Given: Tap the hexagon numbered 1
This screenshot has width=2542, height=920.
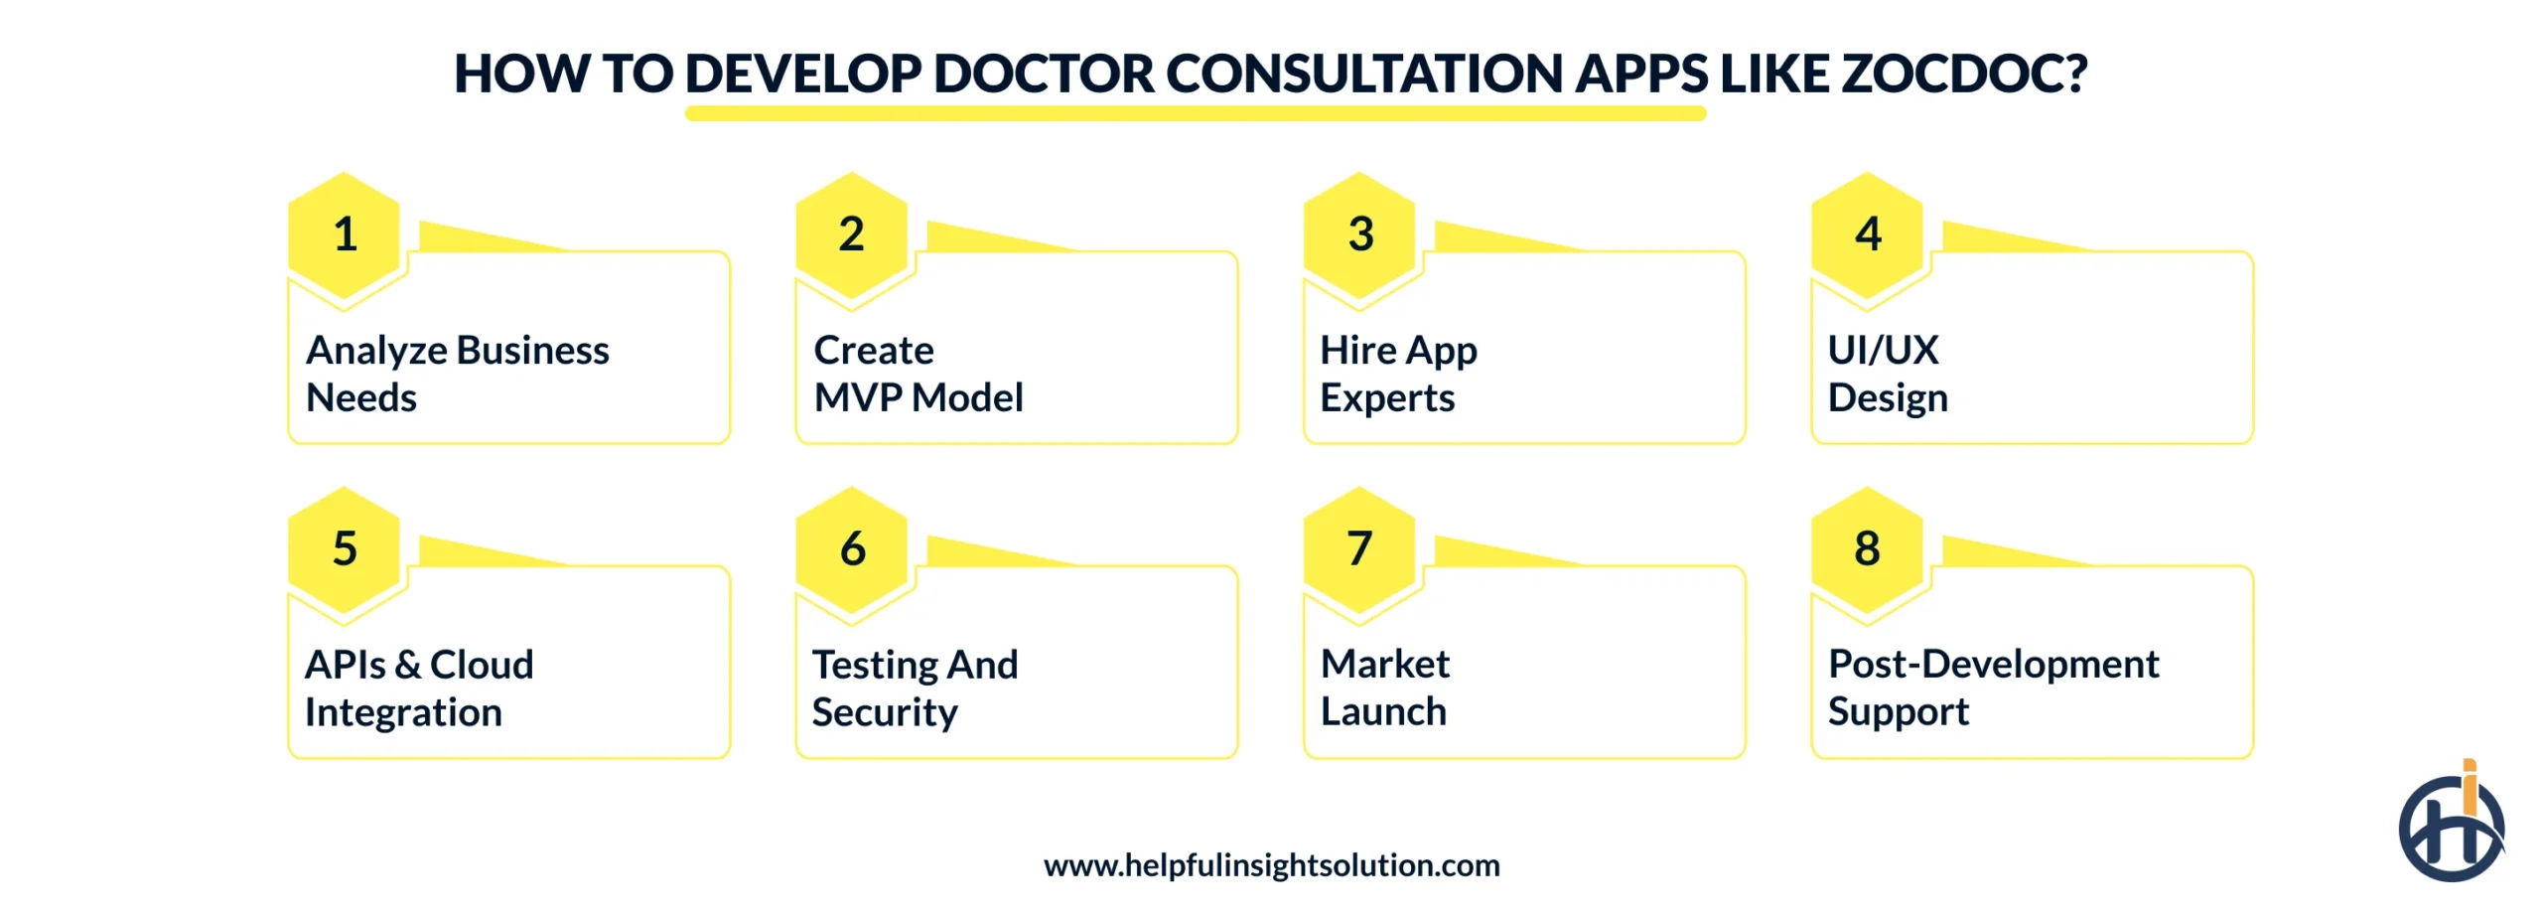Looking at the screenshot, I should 344,234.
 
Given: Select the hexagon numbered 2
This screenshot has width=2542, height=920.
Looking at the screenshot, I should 851,234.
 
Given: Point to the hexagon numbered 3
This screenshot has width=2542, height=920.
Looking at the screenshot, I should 1359,234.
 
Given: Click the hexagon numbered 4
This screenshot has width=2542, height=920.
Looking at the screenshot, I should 1867,234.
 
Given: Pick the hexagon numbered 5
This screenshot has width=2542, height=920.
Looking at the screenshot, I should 344,548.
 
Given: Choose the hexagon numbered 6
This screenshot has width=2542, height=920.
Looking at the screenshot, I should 851,548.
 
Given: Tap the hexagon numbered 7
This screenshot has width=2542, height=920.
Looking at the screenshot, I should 1359,548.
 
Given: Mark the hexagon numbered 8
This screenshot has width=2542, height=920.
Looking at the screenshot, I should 1867,548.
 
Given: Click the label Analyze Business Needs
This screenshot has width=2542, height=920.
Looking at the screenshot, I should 457,374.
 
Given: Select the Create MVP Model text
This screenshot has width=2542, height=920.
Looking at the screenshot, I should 918,374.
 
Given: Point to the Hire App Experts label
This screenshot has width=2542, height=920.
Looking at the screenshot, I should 1397,374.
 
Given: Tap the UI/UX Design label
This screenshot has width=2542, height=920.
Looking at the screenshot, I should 1887,374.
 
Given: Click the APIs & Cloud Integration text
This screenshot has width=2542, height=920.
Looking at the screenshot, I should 418,688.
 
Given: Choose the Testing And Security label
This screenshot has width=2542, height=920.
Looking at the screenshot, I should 915,688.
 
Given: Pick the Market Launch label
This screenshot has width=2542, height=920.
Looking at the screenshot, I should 1384,688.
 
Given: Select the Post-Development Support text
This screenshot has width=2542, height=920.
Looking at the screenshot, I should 1992,688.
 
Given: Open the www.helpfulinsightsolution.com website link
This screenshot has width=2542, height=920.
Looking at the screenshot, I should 1271,865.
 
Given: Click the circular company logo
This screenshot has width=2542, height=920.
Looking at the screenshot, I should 2451,828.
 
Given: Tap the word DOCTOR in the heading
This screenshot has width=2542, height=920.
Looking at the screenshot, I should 1043,74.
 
